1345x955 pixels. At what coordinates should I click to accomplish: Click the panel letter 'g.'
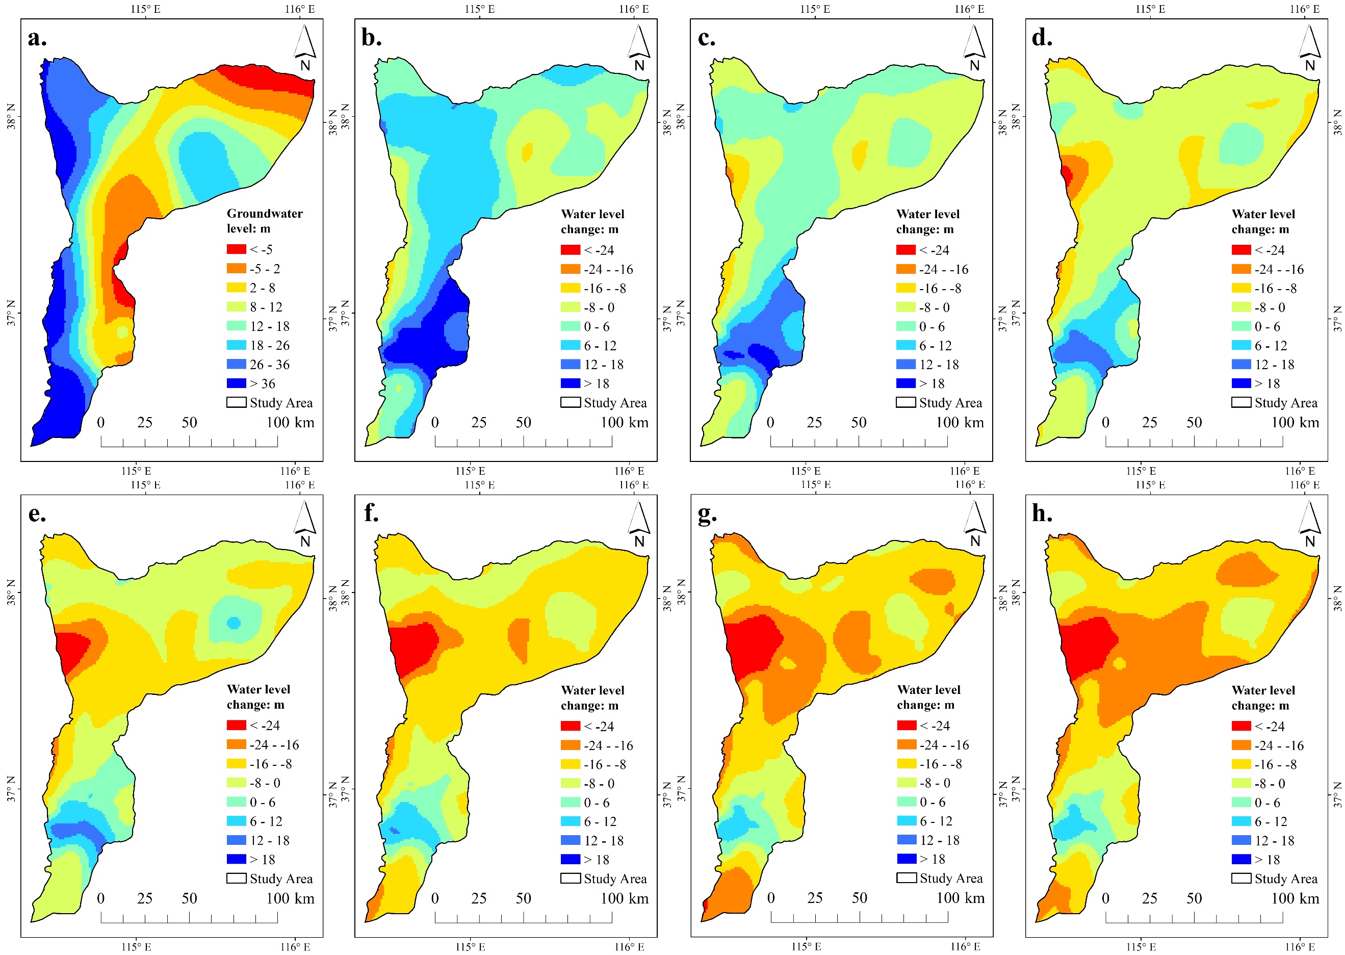tap(707, 514)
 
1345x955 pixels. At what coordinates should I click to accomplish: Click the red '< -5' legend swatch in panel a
tap(236, 249)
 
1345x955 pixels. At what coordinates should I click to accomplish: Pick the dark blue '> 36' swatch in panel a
tap(236, 383)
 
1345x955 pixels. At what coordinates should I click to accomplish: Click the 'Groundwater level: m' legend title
tap(265, 220)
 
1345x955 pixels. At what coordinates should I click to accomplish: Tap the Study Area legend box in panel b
tap(570, 403)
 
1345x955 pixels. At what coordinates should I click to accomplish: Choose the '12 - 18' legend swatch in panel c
tap(906, 365)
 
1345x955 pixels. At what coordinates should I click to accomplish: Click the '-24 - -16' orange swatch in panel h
tap(1241, 745)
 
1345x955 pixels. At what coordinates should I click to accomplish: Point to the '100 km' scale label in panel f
tap(624, 898)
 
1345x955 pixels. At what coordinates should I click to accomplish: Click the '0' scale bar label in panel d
tap(1105, 422)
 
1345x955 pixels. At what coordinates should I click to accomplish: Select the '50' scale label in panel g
tap(860, 898)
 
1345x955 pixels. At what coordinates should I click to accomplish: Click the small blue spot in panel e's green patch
tap(234, 622)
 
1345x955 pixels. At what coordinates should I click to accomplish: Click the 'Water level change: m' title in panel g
tap(929, 697)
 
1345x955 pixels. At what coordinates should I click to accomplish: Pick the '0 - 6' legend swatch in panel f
tap(570, 803)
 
